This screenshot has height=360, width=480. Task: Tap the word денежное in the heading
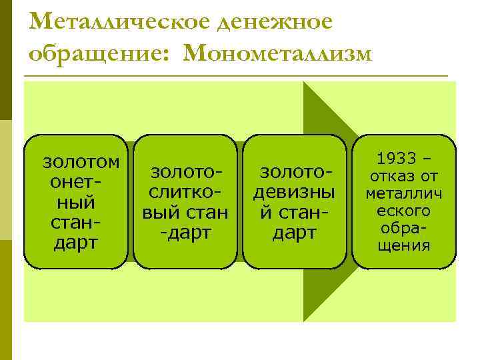point(279,21)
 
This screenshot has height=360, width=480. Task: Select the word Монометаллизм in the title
point(276,53)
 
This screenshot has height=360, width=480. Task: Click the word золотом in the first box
point(81,161)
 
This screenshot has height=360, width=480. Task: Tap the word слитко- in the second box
point(185,193)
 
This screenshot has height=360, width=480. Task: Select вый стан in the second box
point(185,213)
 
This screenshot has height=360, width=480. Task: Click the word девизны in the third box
point(294,193)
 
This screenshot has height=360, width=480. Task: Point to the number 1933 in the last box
point(398,159)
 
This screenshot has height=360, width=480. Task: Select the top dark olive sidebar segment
point(5,60)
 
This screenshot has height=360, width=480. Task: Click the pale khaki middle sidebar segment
point(5,180)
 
